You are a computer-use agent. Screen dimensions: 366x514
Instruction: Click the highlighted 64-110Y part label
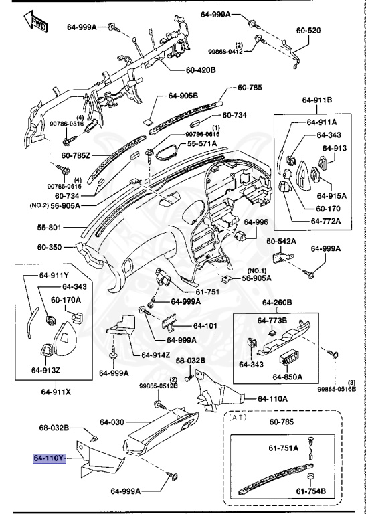pos(50,458)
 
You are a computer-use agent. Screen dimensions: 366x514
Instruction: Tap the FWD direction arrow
pos(36,22)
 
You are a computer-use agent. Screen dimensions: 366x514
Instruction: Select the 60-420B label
pos(201,70)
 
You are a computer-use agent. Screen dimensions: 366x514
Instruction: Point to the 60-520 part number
pos(308,31)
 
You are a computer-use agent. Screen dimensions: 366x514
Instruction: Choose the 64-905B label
pos(183,96)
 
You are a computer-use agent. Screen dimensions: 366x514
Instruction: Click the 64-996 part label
pos(256,222)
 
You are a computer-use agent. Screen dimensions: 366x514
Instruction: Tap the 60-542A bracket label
pos(281,241)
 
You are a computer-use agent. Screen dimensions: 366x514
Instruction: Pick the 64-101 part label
pos(205,325)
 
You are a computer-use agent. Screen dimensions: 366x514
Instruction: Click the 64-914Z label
pos(156,355)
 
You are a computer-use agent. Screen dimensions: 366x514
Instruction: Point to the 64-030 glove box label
pos(112,422)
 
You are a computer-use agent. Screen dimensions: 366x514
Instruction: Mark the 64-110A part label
pos(272,399)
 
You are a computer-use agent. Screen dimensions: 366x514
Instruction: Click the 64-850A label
pos(287,377)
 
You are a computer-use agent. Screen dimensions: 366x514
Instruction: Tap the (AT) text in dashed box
pos(238,417)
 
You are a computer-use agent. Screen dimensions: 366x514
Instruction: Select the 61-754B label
pos(311,491)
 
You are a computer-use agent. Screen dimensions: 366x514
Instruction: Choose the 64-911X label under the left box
pos(56,392)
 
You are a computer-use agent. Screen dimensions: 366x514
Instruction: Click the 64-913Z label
pos(46,370)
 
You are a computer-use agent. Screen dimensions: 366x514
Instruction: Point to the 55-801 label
pos(49,227)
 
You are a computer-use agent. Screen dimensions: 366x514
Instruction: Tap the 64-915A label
pos(332,196)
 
